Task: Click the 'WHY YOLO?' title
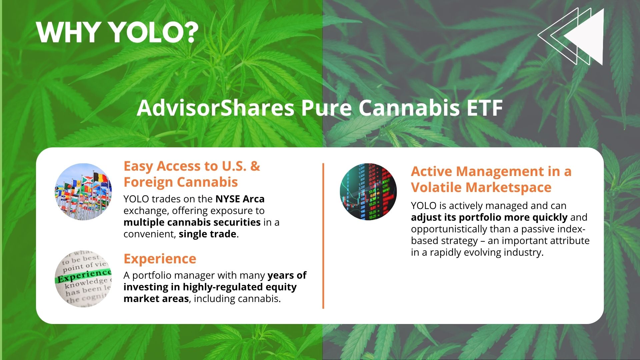[117, 32]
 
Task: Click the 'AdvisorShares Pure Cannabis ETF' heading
[320, 108]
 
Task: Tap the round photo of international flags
[83, 192]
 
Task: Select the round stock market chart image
[368, 192]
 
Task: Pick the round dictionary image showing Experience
[83, 279]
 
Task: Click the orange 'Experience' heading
[160, 259]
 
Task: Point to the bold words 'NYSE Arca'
[240, 199]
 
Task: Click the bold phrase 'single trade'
[208, 234]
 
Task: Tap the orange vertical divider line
[323, 236]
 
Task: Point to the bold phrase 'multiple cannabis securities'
[192, 222]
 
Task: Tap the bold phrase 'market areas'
[156, 299]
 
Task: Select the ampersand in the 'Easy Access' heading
[255, 166]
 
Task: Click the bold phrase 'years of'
[287, 275]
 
